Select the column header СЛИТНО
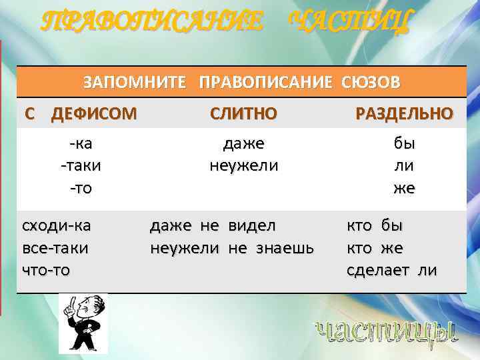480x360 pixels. (243, 113)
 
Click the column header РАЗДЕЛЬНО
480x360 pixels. (405, 113)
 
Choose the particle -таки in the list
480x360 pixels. (81, 165)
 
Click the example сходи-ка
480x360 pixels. (57, 225)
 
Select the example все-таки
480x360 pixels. (56, 248)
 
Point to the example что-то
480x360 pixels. (47, 270)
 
